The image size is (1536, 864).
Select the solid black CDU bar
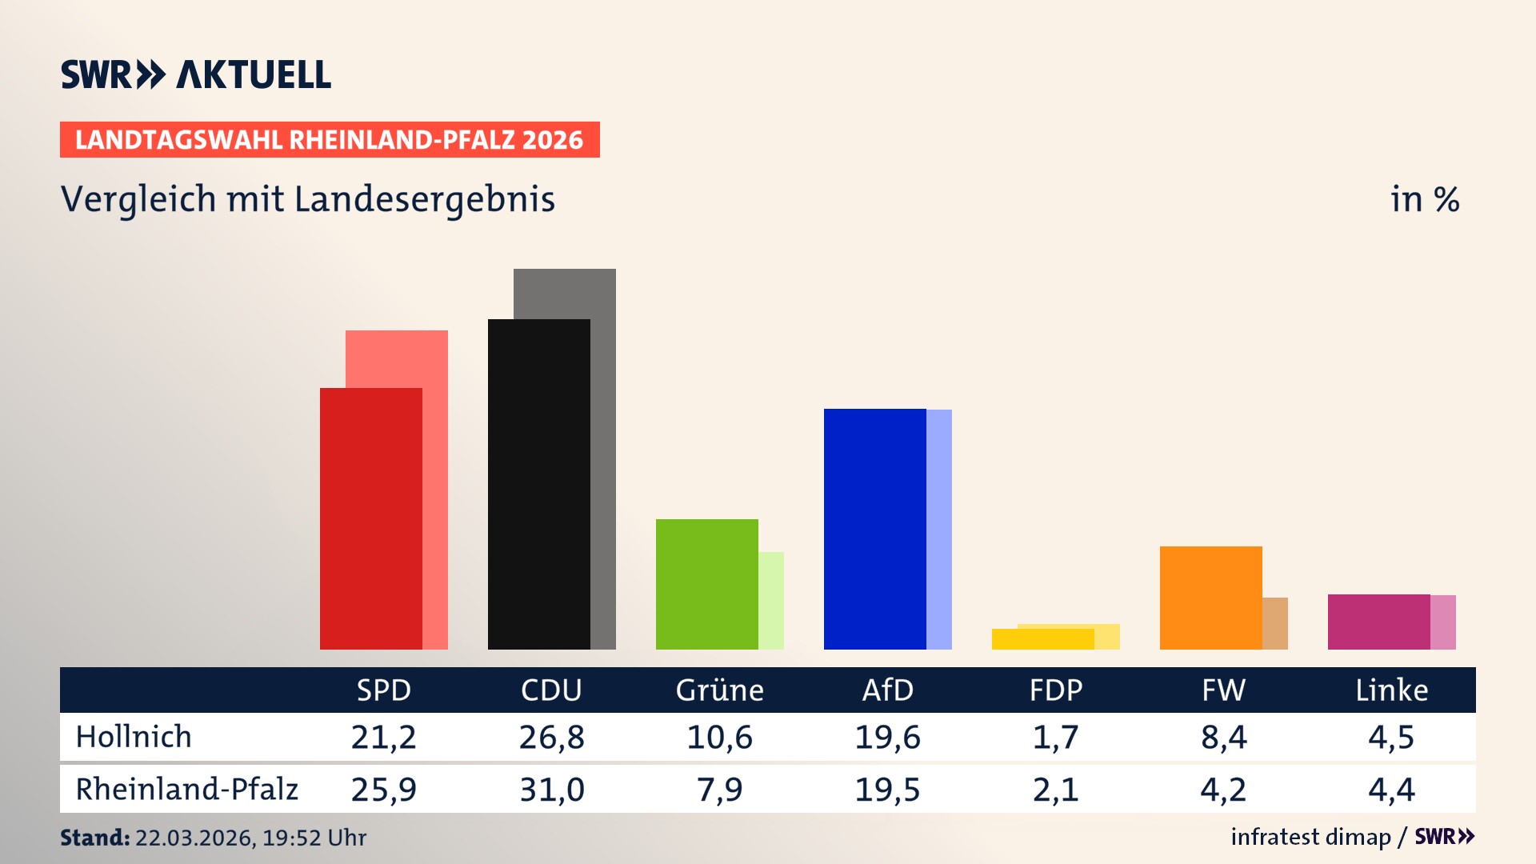click(x=538, y=484)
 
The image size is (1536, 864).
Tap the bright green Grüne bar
click(x=706, y=584)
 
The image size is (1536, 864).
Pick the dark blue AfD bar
click(x=874, y=529)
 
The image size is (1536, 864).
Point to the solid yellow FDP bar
click(x=1042, y=639)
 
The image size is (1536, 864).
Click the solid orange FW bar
click(x=1210, y=598)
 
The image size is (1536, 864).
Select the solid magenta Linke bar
click(x=1378, y=622)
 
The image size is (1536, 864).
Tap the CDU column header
click(x=551, y=690)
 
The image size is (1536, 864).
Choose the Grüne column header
click(x=719, y=690)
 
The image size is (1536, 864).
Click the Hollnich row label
click(x=134, y=737)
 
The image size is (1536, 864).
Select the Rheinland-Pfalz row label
click(x=186, y=790)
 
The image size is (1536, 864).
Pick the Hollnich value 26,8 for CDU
click(x=551, y=737)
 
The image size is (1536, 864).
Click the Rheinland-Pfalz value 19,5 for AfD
click(x=887, y=790)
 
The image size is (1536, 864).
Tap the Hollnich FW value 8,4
click(x=1223, y=737)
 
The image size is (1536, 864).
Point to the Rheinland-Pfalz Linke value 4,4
click(x=1391, y=790)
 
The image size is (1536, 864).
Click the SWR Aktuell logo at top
click(x=196, y=74)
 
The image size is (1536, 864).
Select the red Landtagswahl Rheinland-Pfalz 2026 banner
click(x=330, y=140)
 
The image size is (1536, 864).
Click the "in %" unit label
click(x=1425, y=199)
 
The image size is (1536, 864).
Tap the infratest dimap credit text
click(x=1310, y=837)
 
